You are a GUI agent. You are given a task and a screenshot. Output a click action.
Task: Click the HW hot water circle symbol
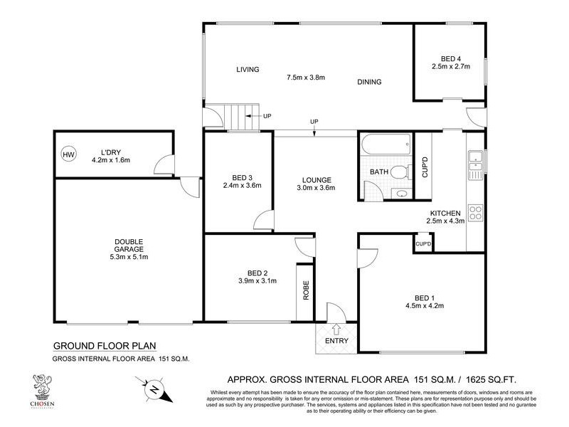[x=68, y=154]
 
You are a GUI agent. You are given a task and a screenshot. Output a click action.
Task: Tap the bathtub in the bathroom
[x=385, y=146]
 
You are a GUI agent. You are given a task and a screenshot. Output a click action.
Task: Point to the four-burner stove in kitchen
[x=474, y=212]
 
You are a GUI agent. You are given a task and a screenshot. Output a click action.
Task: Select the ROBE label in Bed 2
[x=306, y=292]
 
